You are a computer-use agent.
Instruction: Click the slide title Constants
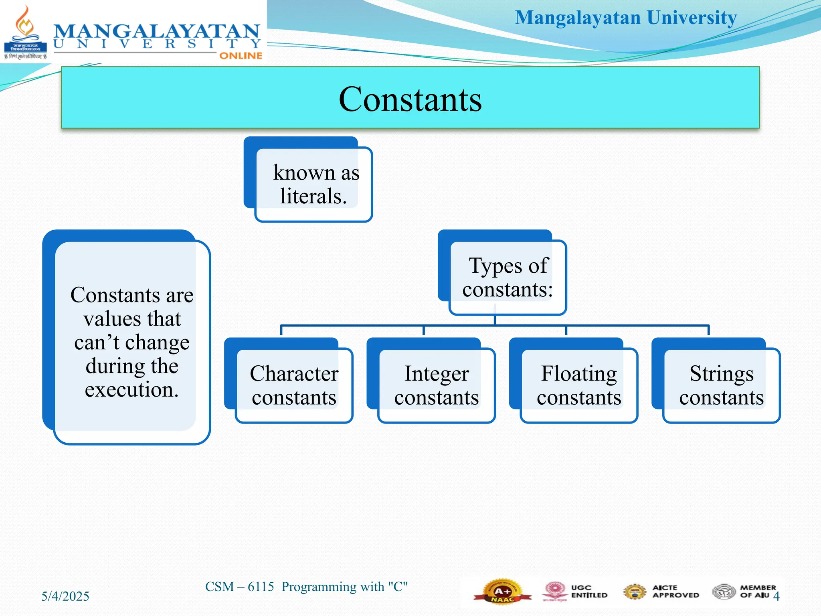pos(410,99)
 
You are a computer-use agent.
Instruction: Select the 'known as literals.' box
pos(313,184)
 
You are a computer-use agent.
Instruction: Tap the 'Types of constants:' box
pos(508,277)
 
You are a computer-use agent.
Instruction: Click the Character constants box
pos(294,385)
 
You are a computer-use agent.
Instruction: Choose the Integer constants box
pos(437,385)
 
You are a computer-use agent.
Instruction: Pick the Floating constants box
pos(579,385)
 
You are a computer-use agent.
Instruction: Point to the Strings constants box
pos(721,385)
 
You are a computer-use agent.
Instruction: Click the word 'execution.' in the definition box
pos(131,389)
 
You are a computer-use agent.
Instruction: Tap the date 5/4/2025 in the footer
pos(65,596)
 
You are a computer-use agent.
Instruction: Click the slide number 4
pos(776,596)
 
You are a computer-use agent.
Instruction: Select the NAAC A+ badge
pos(502,592)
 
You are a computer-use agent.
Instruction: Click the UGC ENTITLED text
pos(589,592)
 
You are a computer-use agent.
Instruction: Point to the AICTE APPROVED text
pos(675,592)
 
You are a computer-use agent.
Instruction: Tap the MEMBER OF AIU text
pos(758,592)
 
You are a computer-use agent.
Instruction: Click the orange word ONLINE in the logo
pos(241,56)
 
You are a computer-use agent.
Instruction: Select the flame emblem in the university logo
pos(25,24)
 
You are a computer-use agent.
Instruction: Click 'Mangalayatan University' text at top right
pos(625,18)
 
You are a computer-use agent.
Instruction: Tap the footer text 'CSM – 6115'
pos(239,587)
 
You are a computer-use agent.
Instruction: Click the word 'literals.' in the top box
pos(313,196)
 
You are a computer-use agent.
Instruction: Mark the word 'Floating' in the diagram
pos(579,373)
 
